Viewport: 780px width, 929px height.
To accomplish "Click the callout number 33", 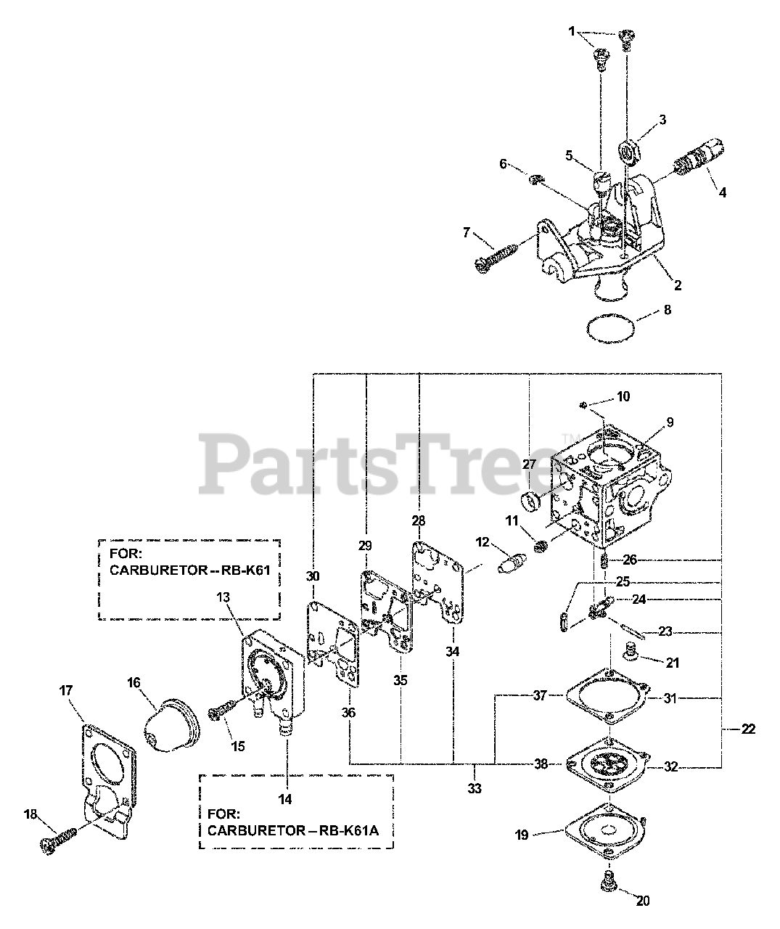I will [x=475, y=787].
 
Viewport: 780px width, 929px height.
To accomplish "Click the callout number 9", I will [x=670, y=422].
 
